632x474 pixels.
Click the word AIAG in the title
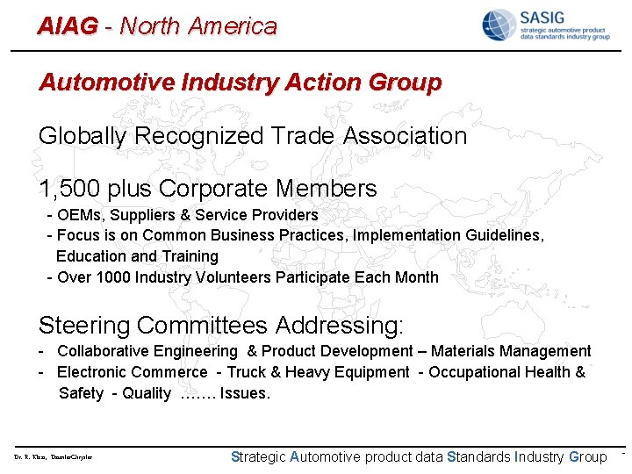[x=67, y=26]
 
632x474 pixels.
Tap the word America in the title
[x=233, y=26]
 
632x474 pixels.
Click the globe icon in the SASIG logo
[x=498, y=25]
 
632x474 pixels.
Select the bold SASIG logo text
[x=544, y=17]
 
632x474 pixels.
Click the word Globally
[x=83, y=136]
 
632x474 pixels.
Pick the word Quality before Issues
[x=147, y=393]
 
